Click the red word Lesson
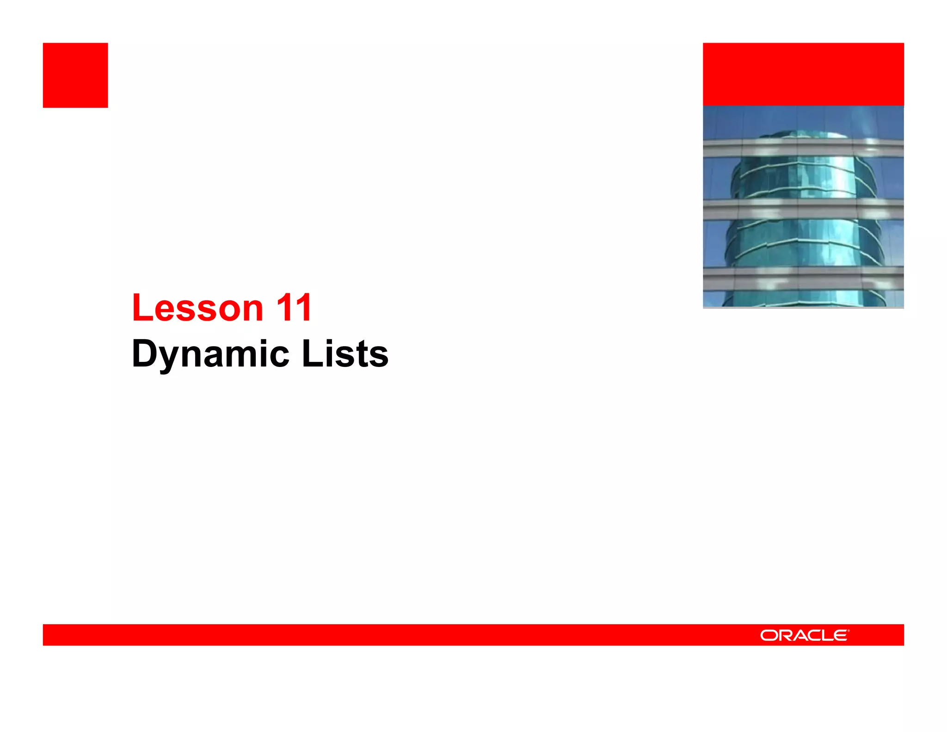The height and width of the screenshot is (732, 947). [197, 308]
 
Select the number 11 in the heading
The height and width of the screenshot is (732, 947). [294, 308]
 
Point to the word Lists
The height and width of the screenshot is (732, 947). [345, 354]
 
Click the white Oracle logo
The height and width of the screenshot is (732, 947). [804, 635]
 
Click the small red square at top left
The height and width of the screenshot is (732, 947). [75, 75]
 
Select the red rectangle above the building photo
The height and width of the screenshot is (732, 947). [803, 74]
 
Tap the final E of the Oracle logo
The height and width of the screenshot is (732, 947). [841, 636]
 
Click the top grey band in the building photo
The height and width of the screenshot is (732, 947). [803, 148]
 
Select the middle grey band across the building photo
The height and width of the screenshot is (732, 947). [803, 209]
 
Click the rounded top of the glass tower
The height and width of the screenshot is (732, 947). [803, 135]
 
